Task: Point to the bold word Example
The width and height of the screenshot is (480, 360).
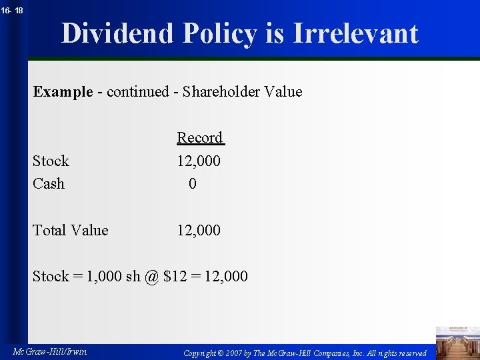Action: (63, 91)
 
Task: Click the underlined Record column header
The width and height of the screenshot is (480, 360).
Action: (200, 137)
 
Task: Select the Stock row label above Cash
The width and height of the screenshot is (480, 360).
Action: (51, 161)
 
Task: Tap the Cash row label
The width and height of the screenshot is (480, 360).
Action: (49, 183)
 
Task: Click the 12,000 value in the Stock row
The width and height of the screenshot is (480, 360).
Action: (199, 161)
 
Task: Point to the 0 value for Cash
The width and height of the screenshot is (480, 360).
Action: (193, 183)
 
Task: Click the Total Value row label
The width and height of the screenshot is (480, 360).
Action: (71, 230)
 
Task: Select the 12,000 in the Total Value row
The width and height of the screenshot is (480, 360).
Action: (199, 230)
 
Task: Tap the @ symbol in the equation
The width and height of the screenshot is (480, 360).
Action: (151, 276)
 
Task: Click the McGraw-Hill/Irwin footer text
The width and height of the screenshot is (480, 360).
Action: (49, 351)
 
